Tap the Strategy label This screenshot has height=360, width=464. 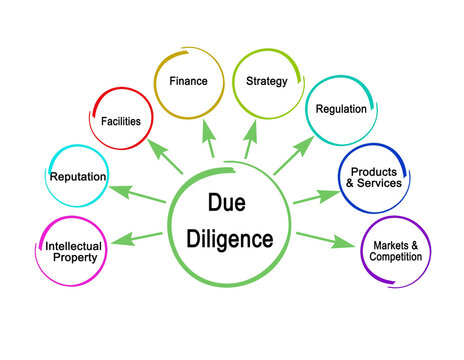[265, 80]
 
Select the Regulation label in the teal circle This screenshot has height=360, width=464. [341, 109]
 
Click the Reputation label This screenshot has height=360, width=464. [78, 178]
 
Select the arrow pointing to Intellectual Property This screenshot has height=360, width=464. [140, 238]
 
